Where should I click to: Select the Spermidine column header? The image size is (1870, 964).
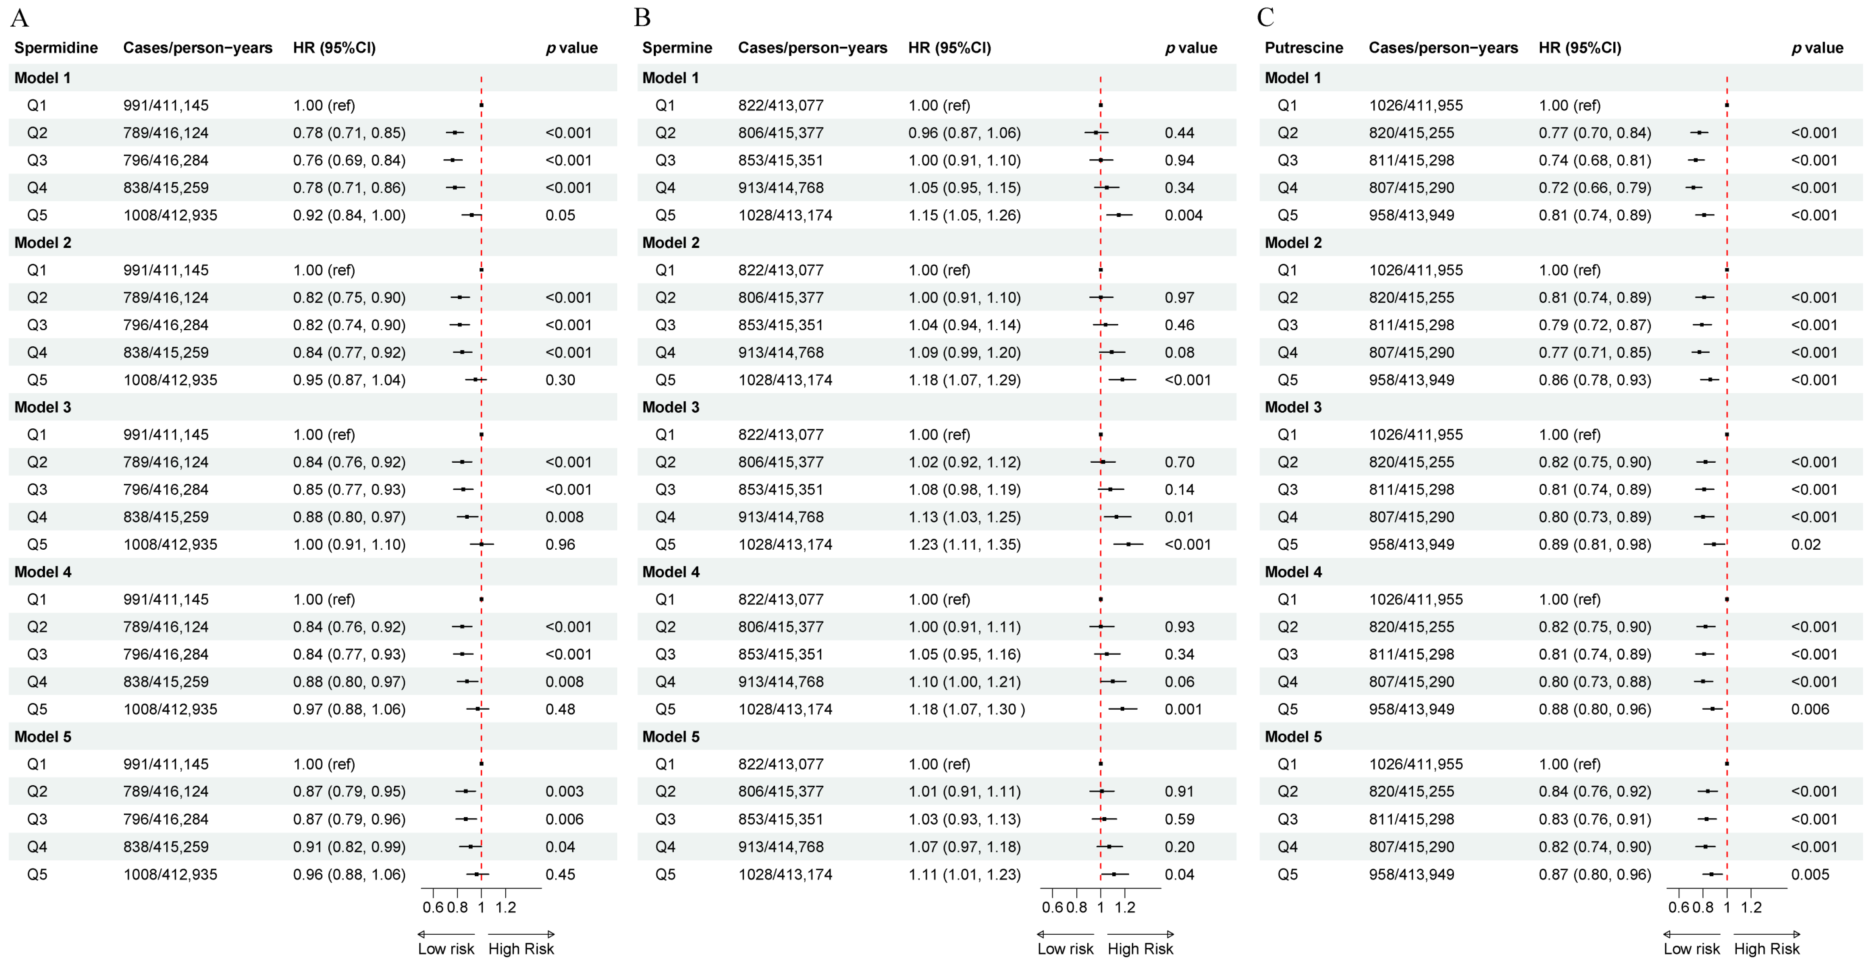coord(56,48)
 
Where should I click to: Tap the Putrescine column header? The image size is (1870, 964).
coord(1303,48)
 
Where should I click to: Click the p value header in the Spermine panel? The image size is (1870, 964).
coord(1190,48)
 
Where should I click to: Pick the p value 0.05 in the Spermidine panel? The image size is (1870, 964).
coord(560,215)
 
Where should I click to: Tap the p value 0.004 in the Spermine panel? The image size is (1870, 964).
coord(1183,215)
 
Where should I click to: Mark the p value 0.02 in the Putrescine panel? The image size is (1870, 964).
coord(1806,544)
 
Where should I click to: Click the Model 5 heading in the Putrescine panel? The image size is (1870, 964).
coord(1293,736)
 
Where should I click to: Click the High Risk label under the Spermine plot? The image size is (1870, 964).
coord(1140,949)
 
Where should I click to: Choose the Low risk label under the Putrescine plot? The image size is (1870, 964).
coord(1691,949)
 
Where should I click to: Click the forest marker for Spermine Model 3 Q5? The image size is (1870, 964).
coord(1128,544)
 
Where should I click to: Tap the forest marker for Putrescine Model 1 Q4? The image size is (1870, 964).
coord(1694,188)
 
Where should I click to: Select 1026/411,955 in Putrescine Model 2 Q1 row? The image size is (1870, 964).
coord(1416,270)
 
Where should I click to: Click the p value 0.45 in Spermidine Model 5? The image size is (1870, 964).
coord(560,874)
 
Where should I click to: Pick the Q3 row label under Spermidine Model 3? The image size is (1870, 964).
coord(37,489)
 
